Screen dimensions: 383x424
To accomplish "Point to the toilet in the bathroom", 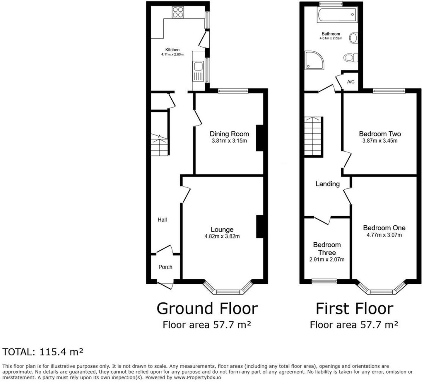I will point(351,57).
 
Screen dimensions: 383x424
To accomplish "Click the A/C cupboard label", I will point(351,82).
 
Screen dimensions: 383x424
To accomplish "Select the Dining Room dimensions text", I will point(229,141).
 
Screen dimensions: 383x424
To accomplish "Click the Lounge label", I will point(222,230).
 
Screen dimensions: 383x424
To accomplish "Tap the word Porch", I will point(165,267).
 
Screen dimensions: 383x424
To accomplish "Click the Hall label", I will point(162,220).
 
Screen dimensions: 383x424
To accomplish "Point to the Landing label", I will point(327,184).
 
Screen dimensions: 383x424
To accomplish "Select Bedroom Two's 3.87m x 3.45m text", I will point(380,141).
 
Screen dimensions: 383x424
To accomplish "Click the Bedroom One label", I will point(384,228).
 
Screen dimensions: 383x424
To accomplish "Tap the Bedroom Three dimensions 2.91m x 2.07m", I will point(327,260).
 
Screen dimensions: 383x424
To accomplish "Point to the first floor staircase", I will point(313,136).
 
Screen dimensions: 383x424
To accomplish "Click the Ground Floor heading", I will point(207,309).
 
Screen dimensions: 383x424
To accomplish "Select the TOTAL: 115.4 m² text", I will point(43,352).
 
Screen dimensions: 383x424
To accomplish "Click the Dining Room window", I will point(233,91).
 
